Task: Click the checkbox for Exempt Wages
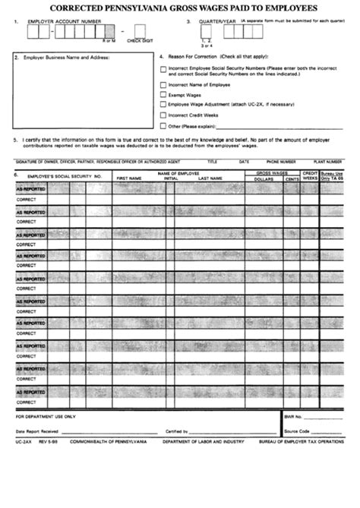click(x=163, y=96)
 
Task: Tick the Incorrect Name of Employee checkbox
click(x=163, y=85)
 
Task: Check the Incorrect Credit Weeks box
click(x=163, y=115)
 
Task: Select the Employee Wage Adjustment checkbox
click(x=163, y=106)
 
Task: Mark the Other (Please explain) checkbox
click(x=163, y=125)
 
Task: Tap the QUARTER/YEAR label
click(x=215, y=23)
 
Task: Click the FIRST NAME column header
click(x=129, y=178)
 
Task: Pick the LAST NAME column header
click(x=210, y=178)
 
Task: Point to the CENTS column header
click(x=287, y=178)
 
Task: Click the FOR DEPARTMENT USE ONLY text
click(x=46, y=417)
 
